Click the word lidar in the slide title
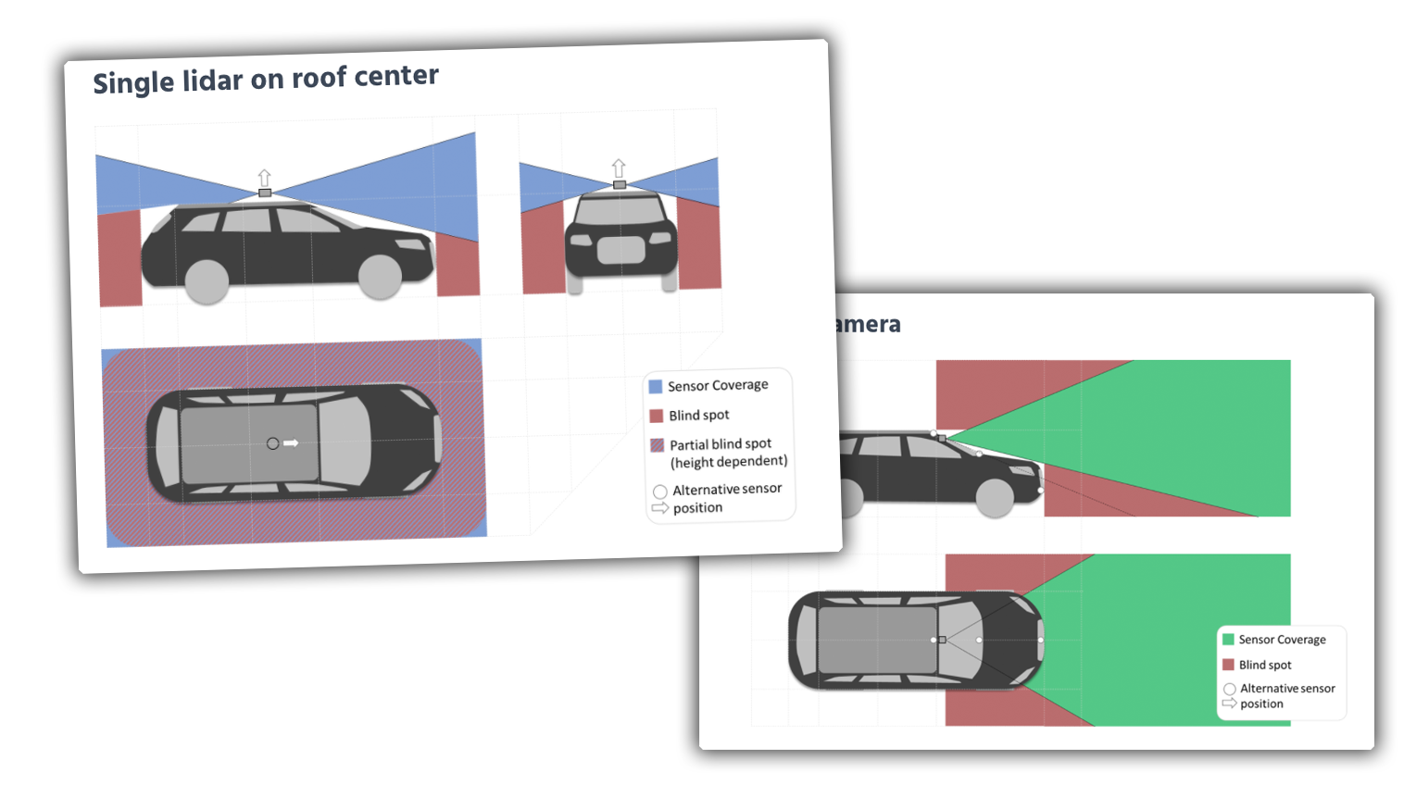[212, 81]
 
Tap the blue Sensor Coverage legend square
[656, 387]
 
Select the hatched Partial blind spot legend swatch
[658, 445]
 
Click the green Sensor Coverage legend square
[1228, 639]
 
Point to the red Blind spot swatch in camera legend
[1228, 665]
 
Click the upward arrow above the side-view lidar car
[265, 177]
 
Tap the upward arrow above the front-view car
[619, 168]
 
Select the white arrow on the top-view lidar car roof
[291, 443]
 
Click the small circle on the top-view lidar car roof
[272, 443]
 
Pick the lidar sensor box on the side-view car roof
[265, 193]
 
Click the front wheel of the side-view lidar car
[380, 276]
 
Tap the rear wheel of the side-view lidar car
[207, 281]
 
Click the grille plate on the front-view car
[621, 250]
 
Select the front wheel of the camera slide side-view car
[995, 498]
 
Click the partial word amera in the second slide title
[867, 324]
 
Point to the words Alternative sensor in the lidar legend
[727, 489]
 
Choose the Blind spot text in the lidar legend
[699, 416]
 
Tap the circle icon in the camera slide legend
[1229, 689]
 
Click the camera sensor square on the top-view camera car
[942, 640]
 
